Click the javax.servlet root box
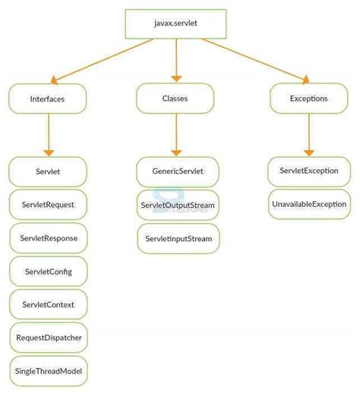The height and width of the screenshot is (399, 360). click(x=175, y=24)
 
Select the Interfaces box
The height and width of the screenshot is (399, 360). click(x=48, y=99)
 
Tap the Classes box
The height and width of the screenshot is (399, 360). click(x=175, y=99)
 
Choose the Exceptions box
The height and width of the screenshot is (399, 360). click(x=308, y=99)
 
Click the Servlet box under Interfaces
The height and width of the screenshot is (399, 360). click(x=48, y=172)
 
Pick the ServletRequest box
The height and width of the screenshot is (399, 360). click(x=48, y=205)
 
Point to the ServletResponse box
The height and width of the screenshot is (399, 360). click(x=48, y=238)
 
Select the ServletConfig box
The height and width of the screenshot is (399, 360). click(x=48, y=272)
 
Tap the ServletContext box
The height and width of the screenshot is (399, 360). click(x=48, y=304)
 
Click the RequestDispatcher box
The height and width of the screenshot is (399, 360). click(x=48, y=338)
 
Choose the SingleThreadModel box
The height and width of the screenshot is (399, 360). click(x=48, y=371)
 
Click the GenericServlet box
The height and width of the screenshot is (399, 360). click(x=178, y=172)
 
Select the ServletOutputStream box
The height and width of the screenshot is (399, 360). click(x=178, y=206)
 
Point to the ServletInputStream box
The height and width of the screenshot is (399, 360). click(x=178, y=238)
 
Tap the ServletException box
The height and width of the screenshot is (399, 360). click(x=308, y=172)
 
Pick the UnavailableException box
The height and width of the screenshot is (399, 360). click(x=308, y=205)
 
